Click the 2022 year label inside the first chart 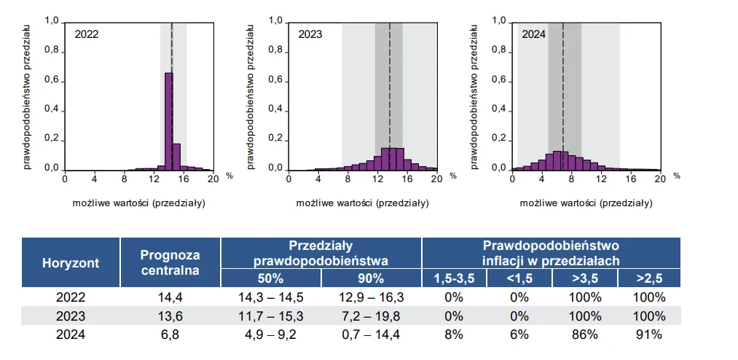[x=87, y=34]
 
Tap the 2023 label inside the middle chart [x=310, y=34]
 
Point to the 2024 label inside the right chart [x=533, y=34]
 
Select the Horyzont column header [x=71, y=262]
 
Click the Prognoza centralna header [x=170, y=262]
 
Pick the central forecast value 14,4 [x=170, y=297]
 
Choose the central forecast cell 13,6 [x=170, y=316]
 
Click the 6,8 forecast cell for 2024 [x=170, y=334]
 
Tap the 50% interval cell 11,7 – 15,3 [x=271, y=316]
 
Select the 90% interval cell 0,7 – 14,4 [x=371, y=334]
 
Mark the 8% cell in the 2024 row [x=453, y=334]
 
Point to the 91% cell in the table [x=648, y=334]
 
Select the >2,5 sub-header [x=648, y=278]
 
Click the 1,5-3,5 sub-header [x=455, y=278]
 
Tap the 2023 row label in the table [x=71, y=316]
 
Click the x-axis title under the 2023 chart [x=362, y=202]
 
